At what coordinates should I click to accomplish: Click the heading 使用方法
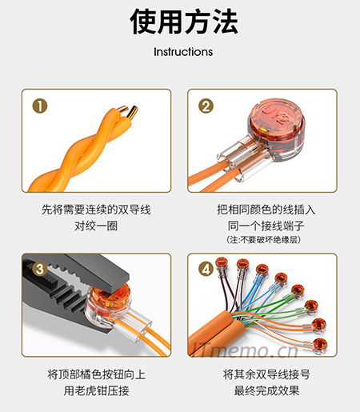pos(183,22)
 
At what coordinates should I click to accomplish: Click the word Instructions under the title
pos(183,52)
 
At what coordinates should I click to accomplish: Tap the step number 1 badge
pos(40,105)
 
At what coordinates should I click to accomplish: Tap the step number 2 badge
pos(206,105)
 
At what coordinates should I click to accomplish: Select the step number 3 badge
pos(40,269)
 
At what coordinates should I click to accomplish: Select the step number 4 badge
pos(206,269)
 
